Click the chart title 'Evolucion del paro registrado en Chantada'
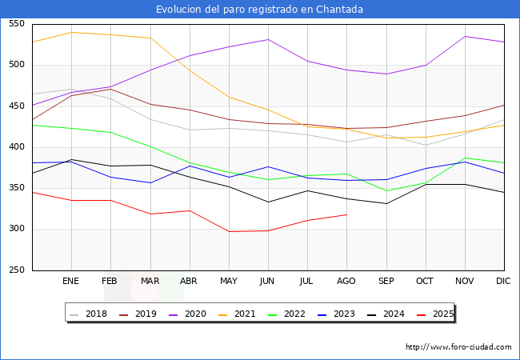260,10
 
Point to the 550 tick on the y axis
17,24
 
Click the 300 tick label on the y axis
17,229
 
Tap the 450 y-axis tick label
17,106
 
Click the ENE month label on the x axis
71,282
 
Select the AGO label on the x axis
346,282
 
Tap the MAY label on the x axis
229,282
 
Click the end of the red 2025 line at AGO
346,214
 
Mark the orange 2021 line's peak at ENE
72,32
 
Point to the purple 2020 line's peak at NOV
465,36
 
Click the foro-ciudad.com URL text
458,347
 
